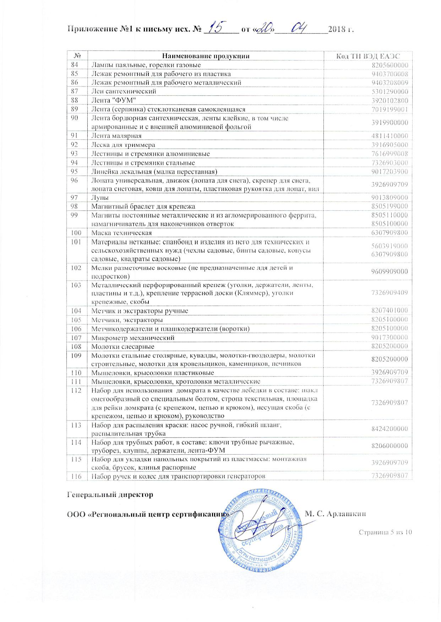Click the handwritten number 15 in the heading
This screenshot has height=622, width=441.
(218, 27)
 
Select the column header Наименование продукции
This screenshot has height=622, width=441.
(206, 56)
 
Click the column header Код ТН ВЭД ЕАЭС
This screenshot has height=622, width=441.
(368, 56)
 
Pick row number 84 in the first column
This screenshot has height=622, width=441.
(75, 65)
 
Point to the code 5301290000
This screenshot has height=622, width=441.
(390, 91)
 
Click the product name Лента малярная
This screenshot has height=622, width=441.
(116, 136)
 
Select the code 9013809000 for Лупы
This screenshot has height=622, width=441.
(390, 198)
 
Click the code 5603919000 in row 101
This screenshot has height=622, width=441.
(390, 246)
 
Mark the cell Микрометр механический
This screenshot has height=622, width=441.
(133, 338)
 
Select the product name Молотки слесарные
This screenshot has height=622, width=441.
(123, 346)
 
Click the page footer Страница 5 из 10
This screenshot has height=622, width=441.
(385, 532)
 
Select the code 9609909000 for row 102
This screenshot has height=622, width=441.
(390, 272)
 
